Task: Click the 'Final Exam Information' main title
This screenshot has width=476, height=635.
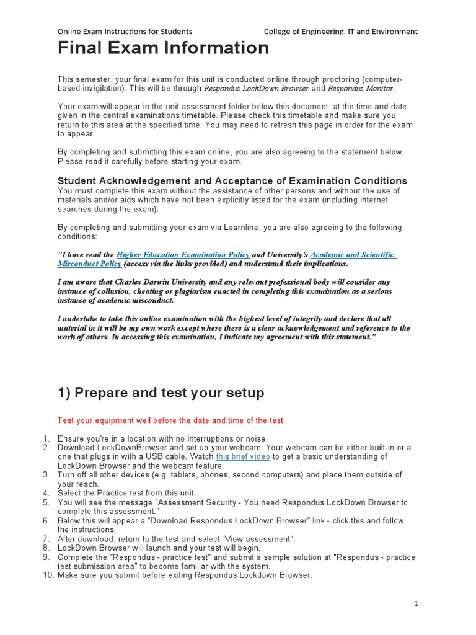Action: (x=163, y=48)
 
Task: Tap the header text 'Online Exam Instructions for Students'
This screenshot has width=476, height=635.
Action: (x=125, y=31)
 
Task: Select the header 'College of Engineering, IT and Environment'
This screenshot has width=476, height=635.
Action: (x=340, y=31)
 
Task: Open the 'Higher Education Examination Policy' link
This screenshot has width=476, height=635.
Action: (x=183, y=255)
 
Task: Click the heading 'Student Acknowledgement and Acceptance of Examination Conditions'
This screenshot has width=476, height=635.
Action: (x=232, y=180)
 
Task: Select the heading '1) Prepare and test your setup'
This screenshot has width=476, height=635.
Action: (x=161, y=393)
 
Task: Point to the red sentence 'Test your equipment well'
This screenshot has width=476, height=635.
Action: (x=171, y=420)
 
